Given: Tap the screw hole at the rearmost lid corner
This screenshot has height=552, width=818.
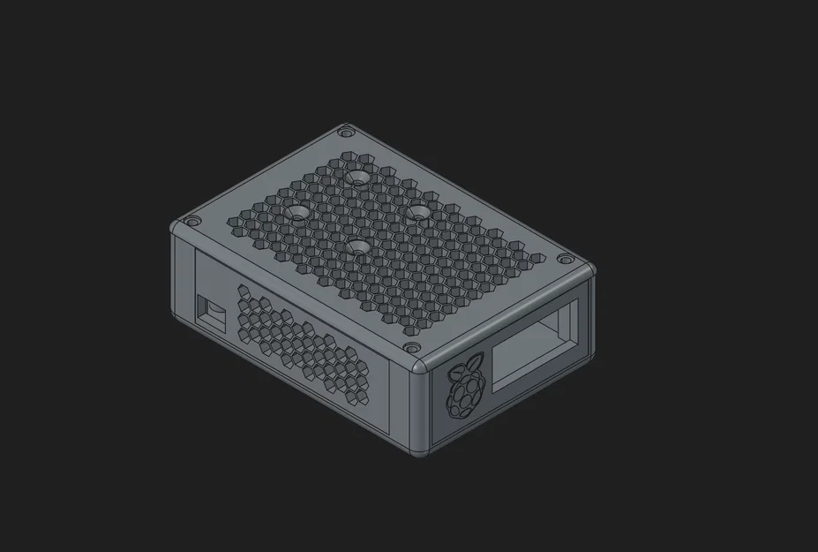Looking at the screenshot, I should point(345,132).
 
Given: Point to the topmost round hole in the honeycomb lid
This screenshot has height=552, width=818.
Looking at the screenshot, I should point(357,178).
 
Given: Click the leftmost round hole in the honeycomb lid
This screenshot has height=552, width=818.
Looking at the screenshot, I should point(296,214).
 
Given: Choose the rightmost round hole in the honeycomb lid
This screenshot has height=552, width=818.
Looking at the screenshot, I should point(421,212).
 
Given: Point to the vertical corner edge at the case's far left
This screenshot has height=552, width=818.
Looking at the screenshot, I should point(175,274).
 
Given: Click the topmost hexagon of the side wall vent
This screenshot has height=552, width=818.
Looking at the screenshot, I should point(244,290).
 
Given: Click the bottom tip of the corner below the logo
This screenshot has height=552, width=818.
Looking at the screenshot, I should point(419,455).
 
